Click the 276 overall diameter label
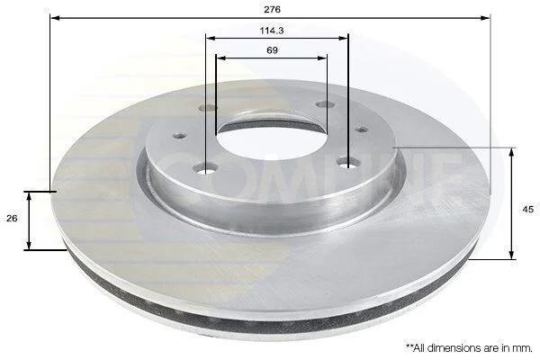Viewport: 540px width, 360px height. pyautogui.click(x=272, y=9)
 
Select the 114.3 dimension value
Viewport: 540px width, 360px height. pyautogui.click(x=272, y=31)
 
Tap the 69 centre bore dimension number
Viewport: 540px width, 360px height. pyautogui.click(x=272, y=50)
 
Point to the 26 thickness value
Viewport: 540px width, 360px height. pyautogui.click(x=12, y=219)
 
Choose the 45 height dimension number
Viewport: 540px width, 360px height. pyautogui.click(x=527, y=209)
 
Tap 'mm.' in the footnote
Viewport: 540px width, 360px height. pyautogui.click(x=524, y=348)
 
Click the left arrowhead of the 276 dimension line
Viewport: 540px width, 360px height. pyautogui.click(x=55, y=18)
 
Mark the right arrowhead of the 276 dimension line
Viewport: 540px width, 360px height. pyautogui.click(x=485, y=18)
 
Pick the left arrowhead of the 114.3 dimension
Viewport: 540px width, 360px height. pyautogui.click(x=211, y=38)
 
